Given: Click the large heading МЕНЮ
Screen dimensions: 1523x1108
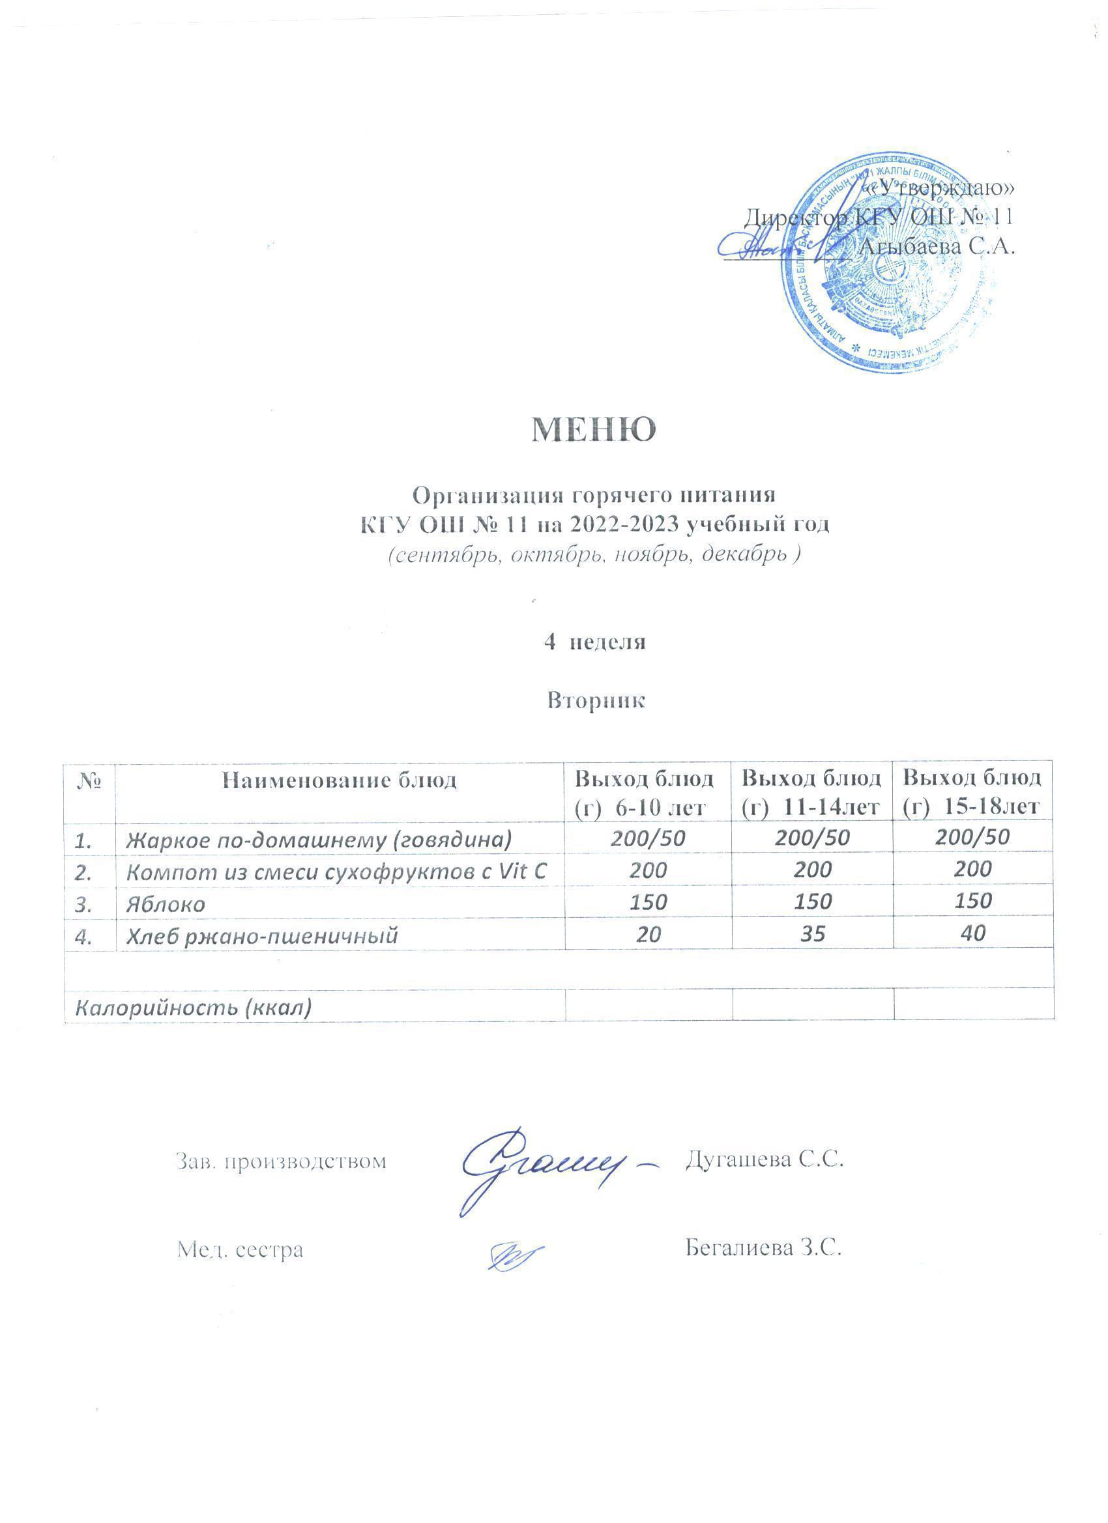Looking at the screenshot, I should (x=593, y=431).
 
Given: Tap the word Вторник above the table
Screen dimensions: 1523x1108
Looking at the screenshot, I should (x=596, y=700).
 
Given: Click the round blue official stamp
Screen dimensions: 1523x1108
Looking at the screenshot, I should (x=888, y=262).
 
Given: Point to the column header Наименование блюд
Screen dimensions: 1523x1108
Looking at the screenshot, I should (x=340, y=780).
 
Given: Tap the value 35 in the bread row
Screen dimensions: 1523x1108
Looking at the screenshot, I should (x=812, y=933).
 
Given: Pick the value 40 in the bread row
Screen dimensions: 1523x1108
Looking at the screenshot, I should (x=973, y=933).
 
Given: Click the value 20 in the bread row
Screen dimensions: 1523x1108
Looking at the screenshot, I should (x=648, y=934).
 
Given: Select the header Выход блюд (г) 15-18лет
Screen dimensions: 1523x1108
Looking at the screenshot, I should (x=972, y=792).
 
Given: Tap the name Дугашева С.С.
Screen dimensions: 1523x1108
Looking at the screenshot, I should (x=764, y=1158).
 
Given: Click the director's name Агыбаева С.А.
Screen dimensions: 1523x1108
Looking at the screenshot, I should (x=937, y=246).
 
